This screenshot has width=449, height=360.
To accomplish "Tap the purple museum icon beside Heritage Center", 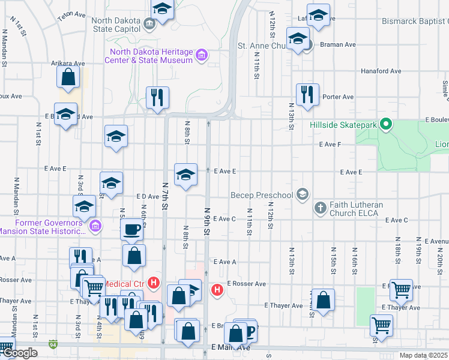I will [202, 56].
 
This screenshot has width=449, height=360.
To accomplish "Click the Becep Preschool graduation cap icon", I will [303, 194].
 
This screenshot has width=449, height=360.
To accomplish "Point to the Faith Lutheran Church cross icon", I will [321, 209].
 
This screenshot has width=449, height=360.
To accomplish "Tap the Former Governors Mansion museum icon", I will [95, 226].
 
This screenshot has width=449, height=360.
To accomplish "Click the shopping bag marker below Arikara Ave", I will [68, 77].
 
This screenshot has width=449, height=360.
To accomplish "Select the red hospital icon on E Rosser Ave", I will [217, 290].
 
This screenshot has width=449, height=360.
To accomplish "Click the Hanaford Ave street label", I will [381, 71].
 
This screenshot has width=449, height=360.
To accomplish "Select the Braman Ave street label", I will [337, 44].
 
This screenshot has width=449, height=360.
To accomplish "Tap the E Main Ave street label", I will [231, 347].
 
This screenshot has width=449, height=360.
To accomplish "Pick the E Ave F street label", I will [330, 145].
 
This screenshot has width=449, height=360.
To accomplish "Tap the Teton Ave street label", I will [68, 16].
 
